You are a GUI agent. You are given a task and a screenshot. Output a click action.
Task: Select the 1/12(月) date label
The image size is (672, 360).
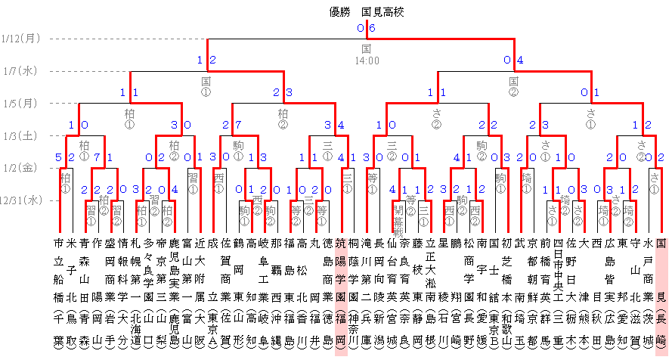[21, 38]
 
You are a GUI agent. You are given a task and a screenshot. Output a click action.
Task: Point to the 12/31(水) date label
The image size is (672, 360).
[21, 200]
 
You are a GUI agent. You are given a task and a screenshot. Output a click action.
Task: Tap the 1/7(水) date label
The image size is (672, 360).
[21, 71]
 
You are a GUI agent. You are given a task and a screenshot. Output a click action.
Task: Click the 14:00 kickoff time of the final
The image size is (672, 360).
[367, 59]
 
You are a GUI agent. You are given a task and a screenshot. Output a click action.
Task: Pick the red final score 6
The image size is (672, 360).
[371, 28]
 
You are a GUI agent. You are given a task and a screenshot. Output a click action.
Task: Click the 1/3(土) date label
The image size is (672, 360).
[21, 136]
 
